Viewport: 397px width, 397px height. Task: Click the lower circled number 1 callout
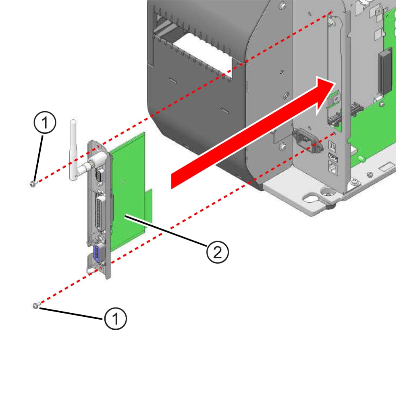click(115, 319)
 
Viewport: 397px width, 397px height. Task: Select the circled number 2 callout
click(217, 252)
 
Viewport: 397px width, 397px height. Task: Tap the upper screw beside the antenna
click(33, 183)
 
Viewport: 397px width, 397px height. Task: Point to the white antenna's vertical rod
click(73, 145)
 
